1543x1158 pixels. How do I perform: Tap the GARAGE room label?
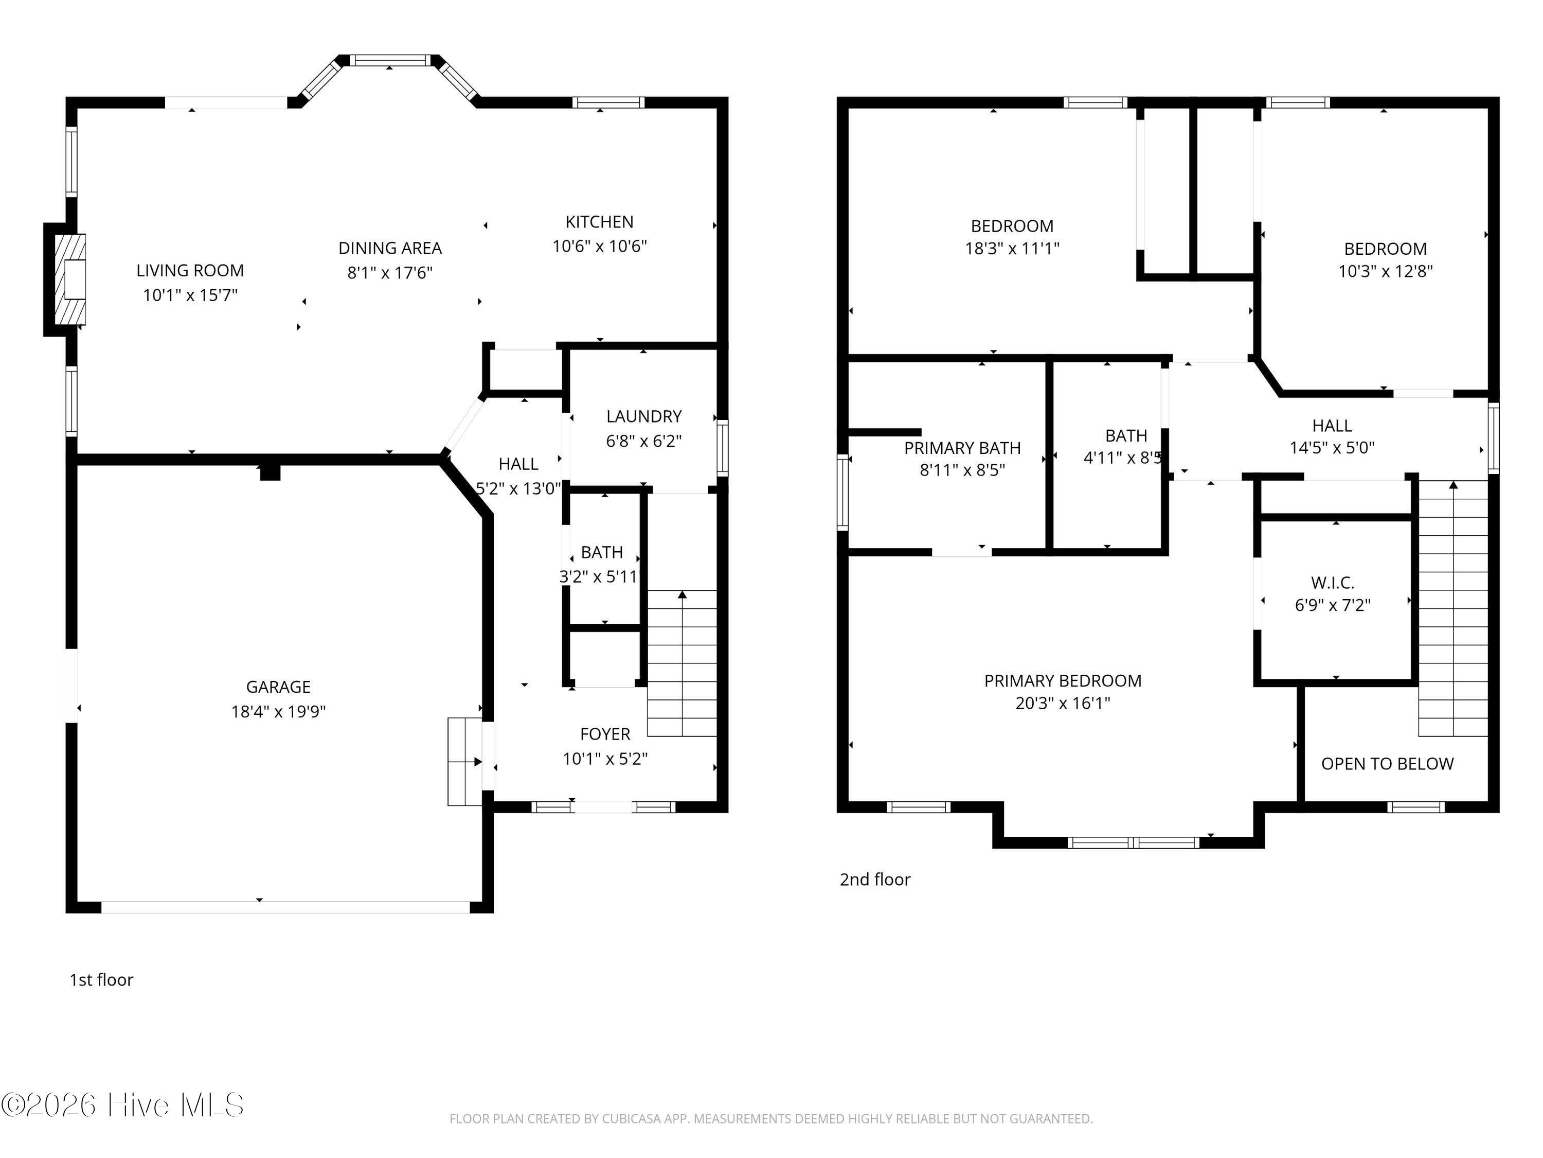[278, 687]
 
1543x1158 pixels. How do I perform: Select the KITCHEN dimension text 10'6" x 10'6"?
[600, 247]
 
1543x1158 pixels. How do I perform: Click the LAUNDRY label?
[644, 417]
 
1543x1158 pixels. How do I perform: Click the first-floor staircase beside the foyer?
[682, 663]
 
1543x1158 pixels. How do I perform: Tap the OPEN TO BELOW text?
[1388, 764]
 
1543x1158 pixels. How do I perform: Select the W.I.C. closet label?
[1332, 583]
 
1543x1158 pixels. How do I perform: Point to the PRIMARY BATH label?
[963, 448]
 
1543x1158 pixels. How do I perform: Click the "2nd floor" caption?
[875, 880]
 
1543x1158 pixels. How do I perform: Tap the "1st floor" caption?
[101, 980]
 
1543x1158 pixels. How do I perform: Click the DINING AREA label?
[390, 249]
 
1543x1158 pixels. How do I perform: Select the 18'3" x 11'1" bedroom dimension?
[1012, 249]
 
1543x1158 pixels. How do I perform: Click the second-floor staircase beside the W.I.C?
[1453, 608]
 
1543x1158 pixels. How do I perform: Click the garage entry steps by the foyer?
[464, 762]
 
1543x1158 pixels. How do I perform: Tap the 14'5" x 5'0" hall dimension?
[1332, 448]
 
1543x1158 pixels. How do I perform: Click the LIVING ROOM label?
[190, 271]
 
